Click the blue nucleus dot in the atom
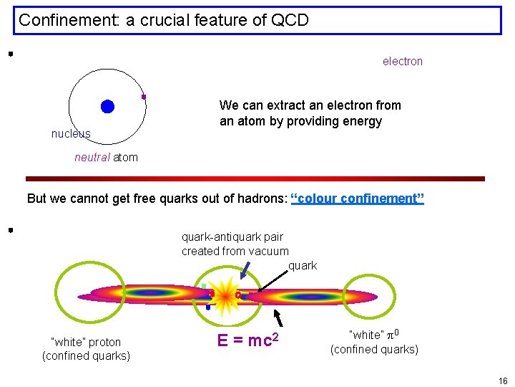107,107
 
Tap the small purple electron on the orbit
144,97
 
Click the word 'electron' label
402,62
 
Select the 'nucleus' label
71,134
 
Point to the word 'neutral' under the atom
92,157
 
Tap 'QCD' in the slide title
290,20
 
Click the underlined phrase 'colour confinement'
358,199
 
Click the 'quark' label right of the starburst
303,266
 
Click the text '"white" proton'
86,342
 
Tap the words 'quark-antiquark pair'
232,237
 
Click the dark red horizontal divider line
255,178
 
